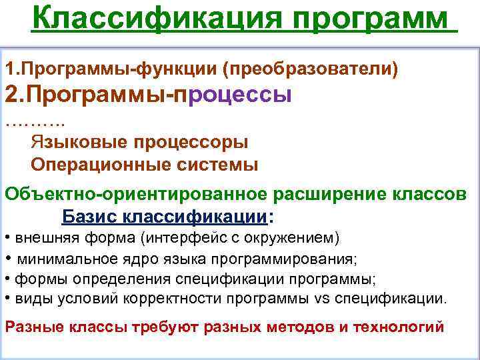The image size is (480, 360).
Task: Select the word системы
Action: [x=215, y=164]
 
